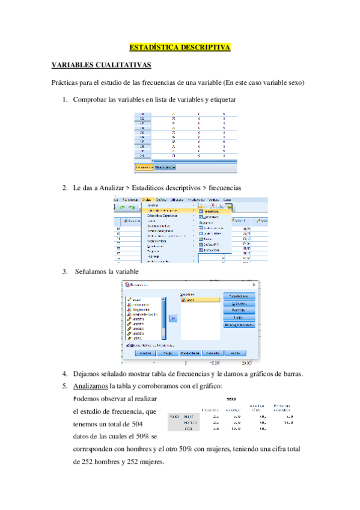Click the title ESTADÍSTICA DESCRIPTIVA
click(180, 47)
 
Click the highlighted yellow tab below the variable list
click(144, 167)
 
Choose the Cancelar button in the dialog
click(211, 353)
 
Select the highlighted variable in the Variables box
click(196, 300)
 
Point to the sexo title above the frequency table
click(231, 398)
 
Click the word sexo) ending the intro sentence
click(294, 82)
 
